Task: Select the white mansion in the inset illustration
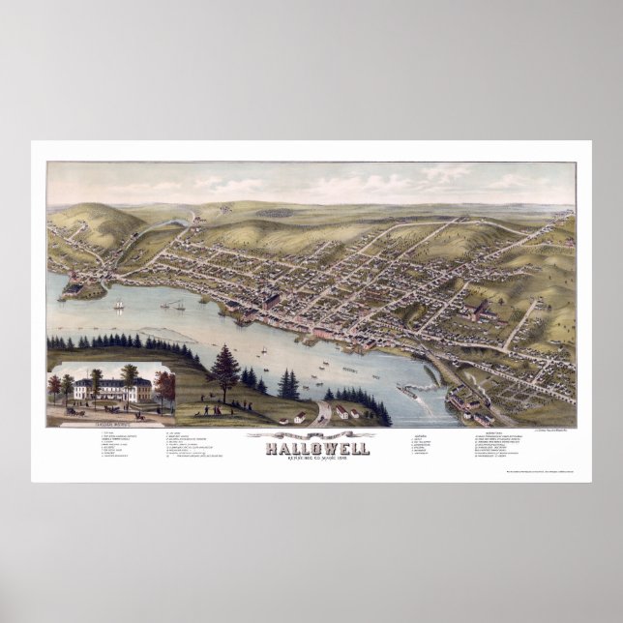[110, 390]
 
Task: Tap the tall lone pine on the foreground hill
[224, 369]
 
